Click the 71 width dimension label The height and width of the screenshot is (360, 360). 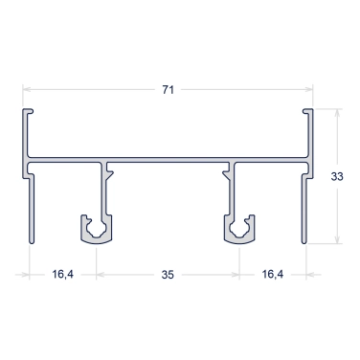(x=169, y=90)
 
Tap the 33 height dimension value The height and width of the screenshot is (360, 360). (x=337, y=176)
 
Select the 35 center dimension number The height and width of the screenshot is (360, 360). (x=168, y=275)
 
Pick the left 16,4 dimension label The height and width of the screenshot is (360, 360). (x=63, y=274)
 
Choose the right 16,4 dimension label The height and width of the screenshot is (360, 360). (x=273, y=274)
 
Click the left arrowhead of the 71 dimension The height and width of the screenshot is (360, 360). (x=26, y=89)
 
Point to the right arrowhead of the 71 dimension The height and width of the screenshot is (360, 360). (x=309, y=89)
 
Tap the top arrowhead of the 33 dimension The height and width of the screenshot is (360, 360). (x=337, y=112)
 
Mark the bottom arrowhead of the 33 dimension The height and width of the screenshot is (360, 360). (x=337, y=240)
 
